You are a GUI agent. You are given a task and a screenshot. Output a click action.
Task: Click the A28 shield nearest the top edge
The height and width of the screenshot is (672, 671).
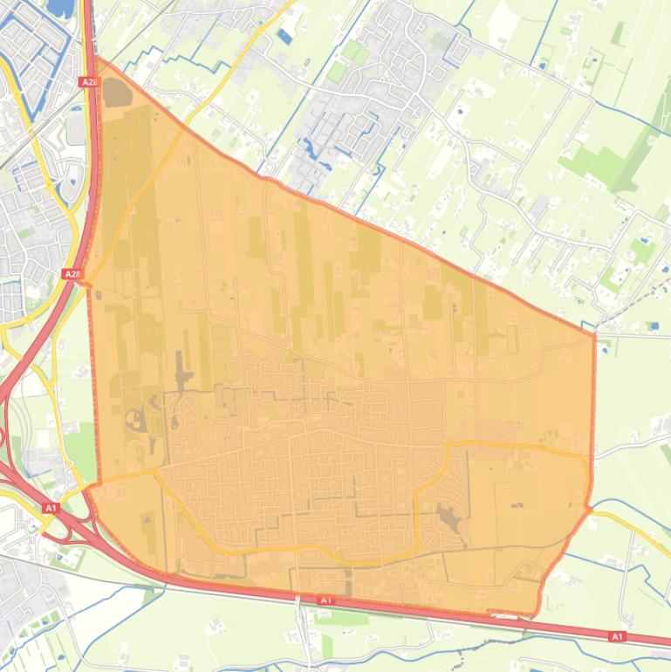tap(87, 81)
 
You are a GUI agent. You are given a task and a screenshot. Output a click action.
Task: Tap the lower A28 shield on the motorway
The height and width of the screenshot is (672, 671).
tap(72, 274)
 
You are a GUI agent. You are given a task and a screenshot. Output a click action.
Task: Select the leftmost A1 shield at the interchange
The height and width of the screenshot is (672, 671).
tap(50, 507)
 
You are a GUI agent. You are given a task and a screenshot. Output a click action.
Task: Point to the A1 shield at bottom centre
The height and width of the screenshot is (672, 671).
tap(325, 600)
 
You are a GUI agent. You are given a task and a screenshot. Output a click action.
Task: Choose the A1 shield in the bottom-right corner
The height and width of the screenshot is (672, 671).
tap(618, 636)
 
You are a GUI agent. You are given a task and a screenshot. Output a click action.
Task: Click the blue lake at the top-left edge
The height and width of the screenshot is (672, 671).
tap(59, 9)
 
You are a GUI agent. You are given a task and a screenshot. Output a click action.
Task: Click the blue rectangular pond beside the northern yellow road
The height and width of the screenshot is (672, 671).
tap(285, 37)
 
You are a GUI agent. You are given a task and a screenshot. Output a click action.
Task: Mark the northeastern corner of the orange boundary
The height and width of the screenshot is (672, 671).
tap(594, 333)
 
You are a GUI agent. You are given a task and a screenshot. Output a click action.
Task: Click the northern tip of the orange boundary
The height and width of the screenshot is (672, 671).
tap(94, 59)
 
